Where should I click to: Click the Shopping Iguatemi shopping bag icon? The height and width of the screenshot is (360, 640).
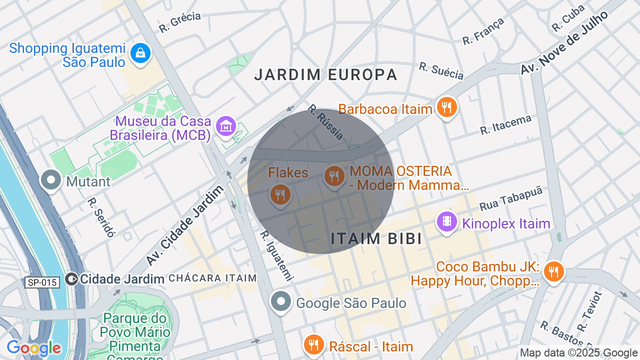(x=140, y=52)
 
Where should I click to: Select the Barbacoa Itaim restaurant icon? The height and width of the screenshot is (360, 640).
(x=446, y=107)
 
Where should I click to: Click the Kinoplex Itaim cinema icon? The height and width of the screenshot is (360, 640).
(x=446, y=221)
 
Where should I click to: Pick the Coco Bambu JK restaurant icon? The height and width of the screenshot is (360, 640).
(x=553, y=271)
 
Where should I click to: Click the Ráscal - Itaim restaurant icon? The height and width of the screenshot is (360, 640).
(x=313, y=344)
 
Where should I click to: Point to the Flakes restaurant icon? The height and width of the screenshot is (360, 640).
(x=280, y=193)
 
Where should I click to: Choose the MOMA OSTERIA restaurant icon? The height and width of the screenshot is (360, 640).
(x=333, y=176)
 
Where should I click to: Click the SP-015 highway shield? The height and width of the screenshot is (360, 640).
(x=42, y=282)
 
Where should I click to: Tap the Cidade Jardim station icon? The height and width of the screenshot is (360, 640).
(x=72, y=278)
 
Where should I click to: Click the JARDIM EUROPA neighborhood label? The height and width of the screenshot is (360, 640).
(x=325, y=75)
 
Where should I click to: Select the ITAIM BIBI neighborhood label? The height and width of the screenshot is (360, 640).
(x=376, y=239)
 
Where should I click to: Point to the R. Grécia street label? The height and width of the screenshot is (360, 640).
(x=180, y=22)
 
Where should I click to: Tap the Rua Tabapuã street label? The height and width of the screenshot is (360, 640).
(x=510, y=198)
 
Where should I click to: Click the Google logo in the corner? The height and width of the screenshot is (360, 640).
(x=33, y=348)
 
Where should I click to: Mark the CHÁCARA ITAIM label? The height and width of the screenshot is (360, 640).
(x=212, y=278)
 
